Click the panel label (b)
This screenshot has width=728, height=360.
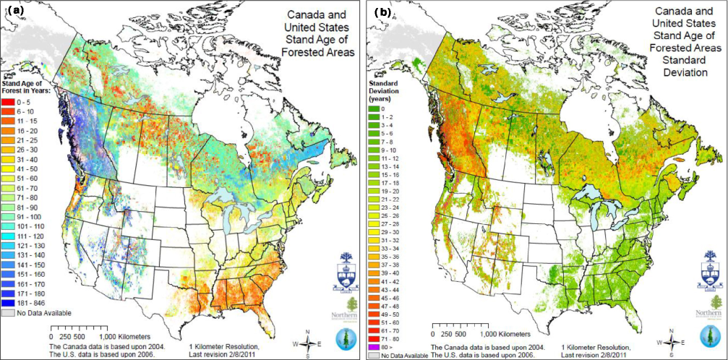point(380,10)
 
